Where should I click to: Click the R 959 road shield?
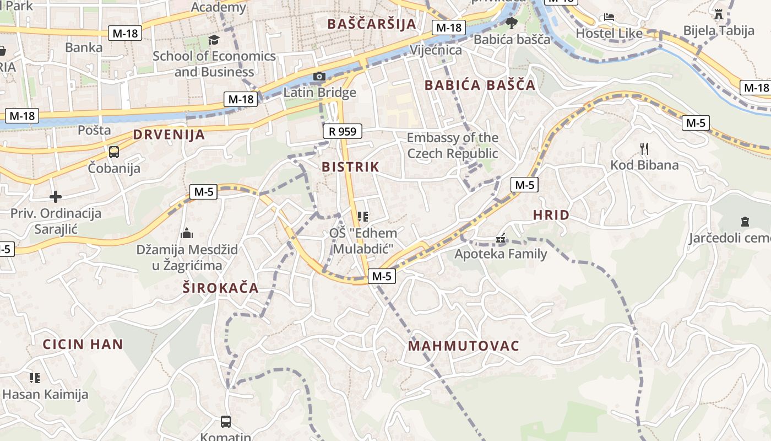pos(343,131)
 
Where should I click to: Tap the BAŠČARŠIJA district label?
pos(371,24)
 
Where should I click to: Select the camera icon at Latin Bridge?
pos(319,76)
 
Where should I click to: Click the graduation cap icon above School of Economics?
pos(214,40)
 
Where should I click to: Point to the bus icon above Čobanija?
pos(114,152)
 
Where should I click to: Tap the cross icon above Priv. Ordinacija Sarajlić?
pos(55,196)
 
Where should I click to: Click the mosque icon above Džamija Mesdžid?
pos(187,233)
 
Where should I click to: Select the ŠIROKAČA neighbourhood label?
pos(220,288)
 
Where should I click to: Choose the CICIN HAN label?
pos(83,345)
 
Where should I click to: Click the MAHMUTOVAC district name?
pos(464,346)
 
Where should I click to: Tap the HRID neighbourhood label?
pos(551,216)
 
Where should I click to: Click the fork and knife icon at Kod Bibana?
pos(644,148)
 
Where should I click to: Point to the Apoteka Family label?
pos(500,254)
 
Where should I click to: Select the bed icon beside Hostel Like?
pos(609,17)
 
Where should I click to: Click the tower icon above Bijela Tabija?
pos(719,14)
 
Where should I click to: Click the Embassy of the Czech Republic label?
pos(453,146)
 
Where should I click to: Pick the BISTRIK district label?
pos(350,166)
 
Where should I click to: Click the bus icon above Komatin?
pos(226,422)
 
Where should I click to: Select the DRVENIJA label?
pos(169,135)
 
